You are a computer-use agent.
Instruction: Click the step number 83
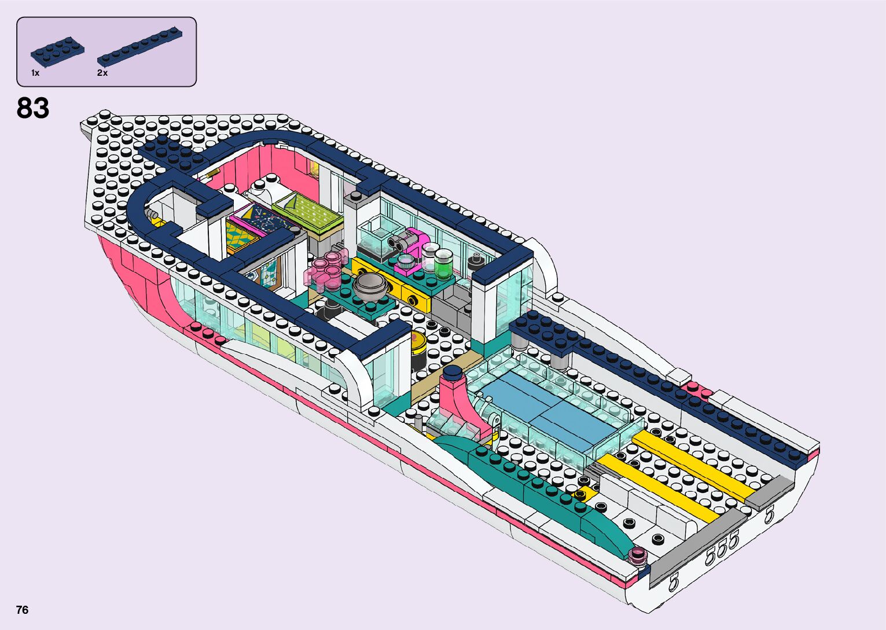coord(33,108)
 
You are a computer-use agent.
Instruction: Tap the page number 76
coord(22,610)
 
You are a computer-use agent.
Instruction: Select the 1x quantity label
coord(35,73)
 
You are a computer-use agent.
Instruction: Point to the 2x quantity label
coord(102,73)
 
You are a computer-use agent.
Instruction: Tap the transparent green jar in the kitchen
coord(444,265)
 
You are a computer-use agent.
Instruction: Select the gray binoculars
coord(400,241)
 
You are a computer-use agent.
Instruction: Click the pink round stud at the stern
coord(638,554)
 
